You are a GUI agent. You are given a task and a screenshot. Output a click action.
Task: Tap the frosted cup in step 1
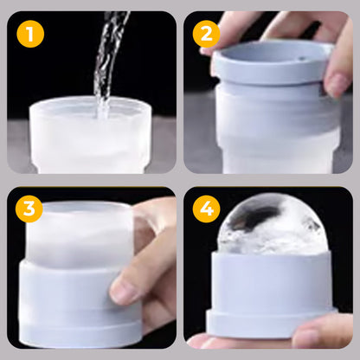click(x=95, y=138)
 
